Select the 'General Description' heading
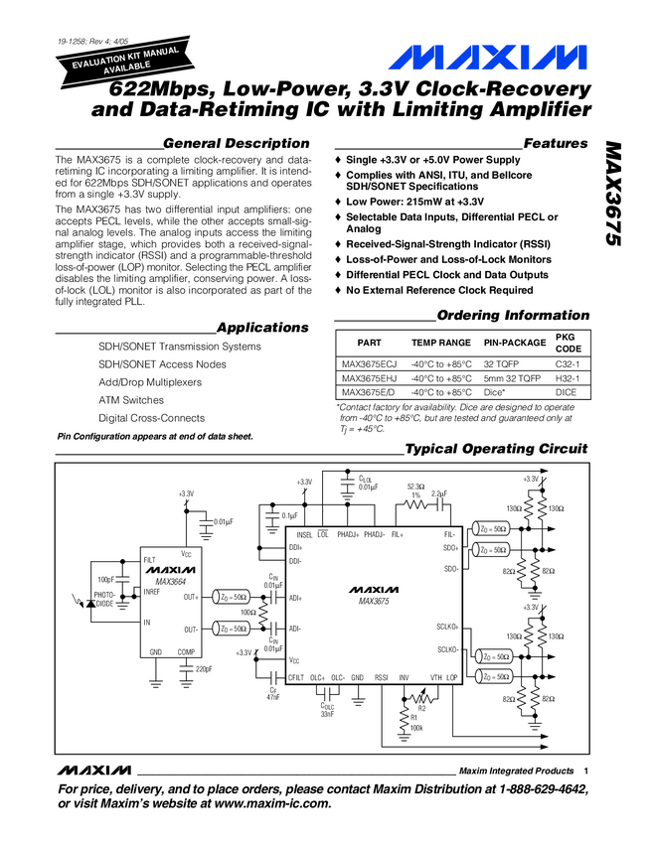click(236, 143)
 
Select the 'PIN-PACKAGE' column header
click(515, 343)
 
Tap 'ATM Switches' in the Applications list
click(131, 400)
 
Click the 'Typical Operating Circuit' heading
click(497, 449)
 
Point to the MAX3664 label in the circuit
click(170, 581)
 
